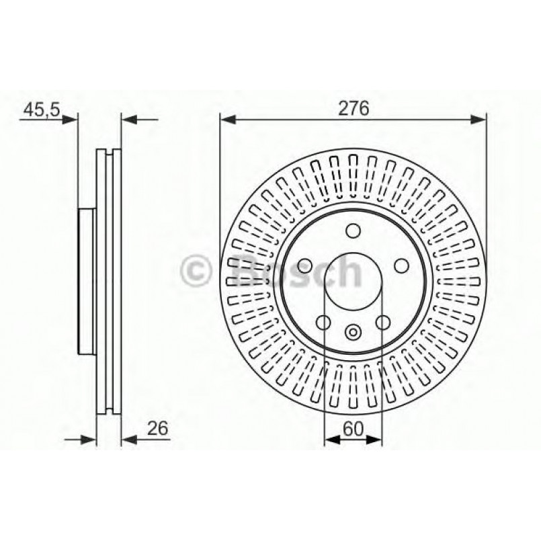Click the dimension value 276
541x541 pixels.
(x=353, y=108)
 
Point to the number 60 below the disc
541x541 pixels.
(x=353, y=427)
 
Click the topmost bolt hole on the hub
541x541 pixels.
(x=353, y=231)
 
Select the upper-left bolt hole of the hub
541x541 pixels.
(x=303, y=266)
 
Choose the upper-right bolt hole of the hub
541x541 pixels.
(x=402, y=266)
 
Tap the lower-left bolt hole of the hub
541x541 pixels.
(x=323, y=323)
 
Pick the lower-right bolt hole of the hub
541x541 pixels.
(x=382, y=323)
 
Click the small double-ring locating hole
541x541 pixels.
(x=353, y=331)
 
